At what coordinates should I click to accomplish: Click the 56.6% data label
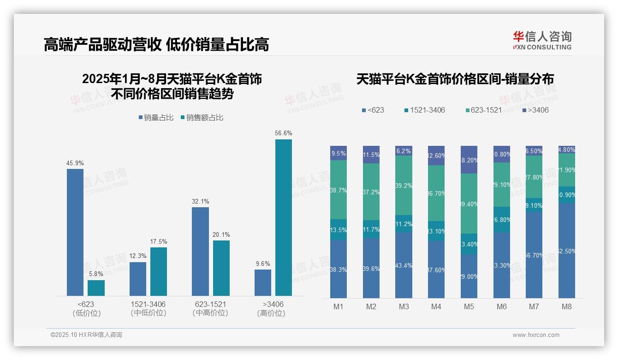pyautogui.click(x=283, y=133)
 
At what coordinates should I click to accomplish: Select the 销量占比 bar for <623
pyautogui.click(x=75, y=232)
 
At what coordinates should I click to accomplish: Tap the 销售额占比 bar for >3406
pyautogui.click(x=283, y=217)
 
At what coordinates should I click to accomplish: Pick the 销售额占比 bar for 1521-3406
pyautogui.click(x=158, y=271)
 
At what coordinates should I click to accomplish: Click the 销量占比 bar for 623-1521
pyautogui.click(x=200, y=252)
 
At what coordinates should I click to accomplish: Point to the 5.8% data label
pyautogui.click(x=96, y=274)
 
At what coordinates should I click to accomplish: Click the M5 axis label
pyautogui.click(x=469, y=306)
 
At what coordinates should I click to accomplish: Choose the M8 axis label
pyautogui.click(x=566, y=306)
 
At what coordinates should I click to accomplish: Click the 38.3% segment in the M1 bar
pyautogui.click(x=339, y=269)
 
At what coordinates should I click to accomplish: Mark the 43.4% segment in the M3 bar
pyautogui.click(x=404, y=265)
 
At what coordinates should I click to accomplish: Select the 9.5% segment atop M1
pyautogui.click(x=339, y=153)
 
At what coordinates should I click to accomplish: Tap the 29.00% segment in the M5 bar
pyautogui.click(x=469, y=276)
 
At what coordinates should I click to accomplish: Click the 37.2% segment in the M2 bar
pyautogui.click(x=371, y=192)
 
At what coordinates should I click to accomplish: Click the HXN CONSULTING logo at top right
pyautogui.click(x=542, y=40)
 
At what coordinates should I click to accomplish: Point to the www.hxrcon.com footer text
pyautogui.click(x=536, y=335)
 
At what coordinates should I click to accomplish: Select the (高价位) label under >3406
pyautogui.click(x=271, y=313)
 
